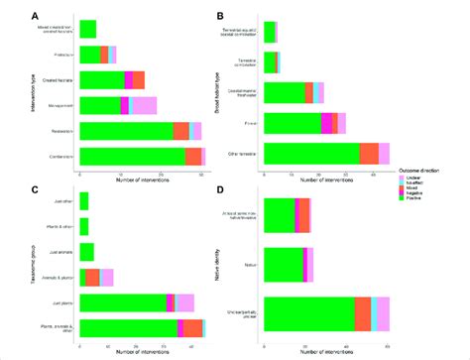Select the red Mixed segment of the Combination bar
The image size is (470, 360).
(x=192, y=157)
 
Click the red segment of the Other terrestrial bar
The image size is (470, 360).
(x=369, y=152)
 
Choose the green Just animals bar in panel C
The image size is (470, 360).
(x=86, y=252)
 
